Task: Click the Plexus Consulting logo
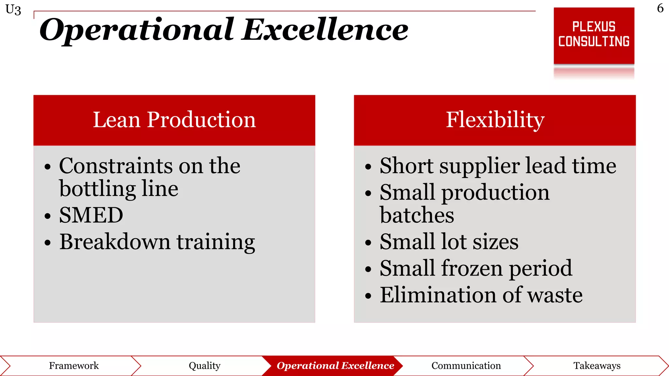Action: tap(594, 35)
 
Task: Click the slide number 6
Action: tap(660, 8)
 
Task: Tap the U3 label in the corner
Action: tap(13, 10)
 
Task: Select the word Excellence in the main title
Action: tap(325, 30)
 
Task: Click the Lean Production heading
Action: tap(174, 120)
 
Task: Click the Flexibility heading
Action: tap(495, 120)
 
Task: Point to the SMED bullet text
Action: tap(91, 215)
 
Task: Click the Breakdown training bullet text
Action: tap(157, 242)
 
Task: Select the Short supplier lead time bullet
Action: tap(498, 166)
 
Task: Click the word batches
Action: tap(417, 215)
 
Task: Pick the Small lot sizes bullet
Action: tap(449, 242)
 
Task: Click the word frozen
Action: tap(472, 268)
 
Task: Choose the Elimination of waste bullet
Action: tap(481, 295)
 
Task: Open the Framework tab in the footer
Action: tap(74, 366)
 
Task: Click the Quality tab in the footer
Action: tap(204, 366)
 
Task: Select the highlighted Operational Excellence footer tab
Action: tap(335, 366)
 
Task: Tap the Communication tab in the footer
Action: tap(466, 366)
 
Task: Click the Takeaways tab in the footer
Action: tap(597, 366)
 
